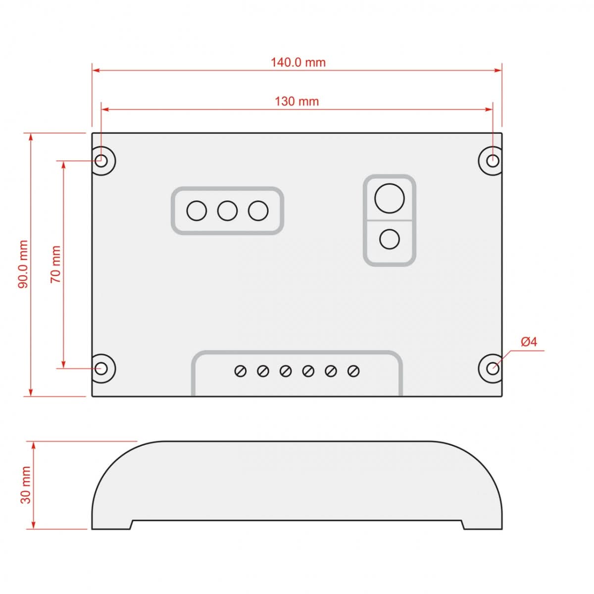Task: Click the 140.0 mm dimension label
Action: coord(298,62)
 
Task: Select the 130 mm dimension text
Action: coord(297,101)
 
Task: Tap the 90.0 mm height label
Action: coord(23,264)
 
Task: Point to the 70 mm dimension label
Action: coord(55,264)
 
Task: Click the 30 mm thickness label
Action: coord(25,485)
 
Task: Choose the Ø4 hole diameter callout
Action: coord(529,342)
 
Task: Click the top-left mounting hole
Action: coord(102,160)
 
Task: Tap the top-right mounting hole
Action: coord(493,160)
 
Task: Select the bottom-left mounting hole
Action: coord(102,368)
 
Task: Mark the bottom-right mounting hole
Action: coord(493,368)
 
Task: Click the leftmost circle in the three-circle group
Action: coord(197,211)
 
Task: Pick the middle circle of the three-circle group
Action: coord(227,211)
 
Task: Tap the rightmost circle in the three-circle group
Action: coord(258,211)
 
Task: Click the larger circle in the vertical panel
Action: coord(390,198)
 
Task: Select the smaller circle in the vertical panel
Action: coord(390,240)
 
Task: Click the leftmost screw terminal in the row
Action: coord(241,371)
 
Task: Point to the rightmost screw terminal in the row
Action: coord(353,371)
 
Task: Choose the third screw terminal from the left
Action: coord(286,371)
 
